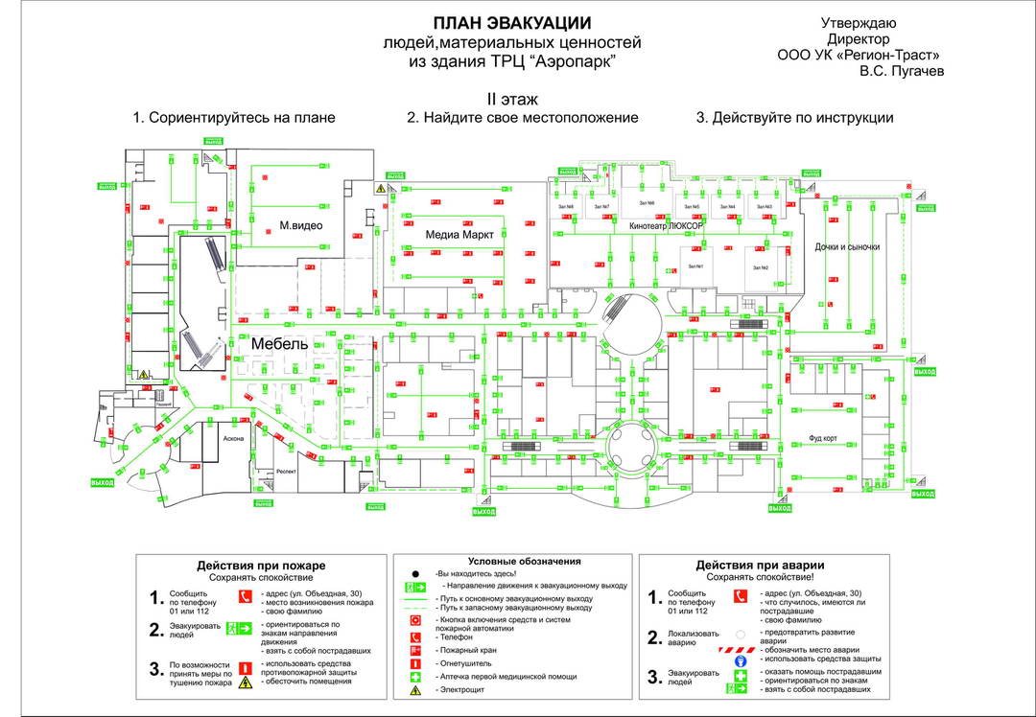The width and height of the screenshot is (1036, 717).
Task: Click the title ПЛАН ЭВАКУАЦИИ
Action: (511, 23)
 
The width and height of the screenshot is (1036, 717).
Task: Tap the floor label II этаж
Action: (512, 99)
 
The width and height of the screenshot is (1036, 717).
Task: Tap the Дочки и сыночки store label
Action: (847, 246)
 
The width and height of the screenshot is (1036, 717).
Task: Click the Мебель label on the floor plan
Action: (279, 343)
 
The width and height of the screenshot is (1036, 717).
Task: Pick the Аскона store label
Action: (234, 438)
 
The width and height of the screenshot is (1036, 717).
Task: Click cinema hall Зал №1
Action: (694, 266)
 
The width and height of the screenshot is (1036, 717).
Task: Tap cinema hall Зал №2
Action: (760, 267)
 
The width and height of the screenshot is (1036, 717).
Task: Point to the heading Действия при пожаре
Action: (261, 566)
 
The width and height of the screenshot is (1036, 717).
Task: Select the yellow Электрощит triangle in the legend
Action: (416, 690)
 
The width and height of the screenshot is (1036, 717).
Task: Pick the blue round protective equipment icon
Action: (741, 661)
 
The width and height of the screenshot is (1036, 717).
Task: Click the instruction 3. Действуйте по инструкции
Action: (794, 118)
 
